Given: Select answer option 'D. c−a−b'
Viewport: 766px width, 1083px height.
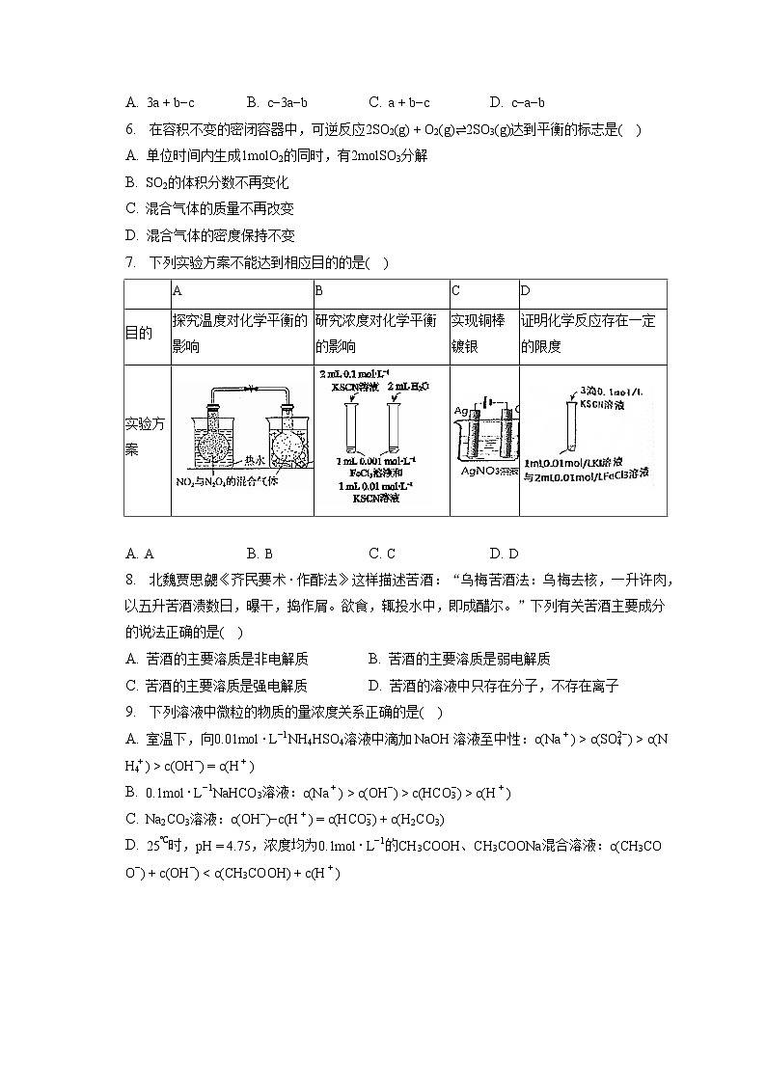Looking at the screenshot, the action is tap(517, 102).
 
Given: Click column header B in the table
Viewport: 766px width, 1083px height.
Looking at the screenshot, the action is tap(319, 291).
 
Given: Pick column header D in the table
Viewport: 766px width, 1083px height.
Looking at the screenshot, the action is tap(526, 291).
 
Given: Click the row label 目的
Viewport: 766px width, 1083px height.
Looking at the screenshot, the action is tap(139, 334).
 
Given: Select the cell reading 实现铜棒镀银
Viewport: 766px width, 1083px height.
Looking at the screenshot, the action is tap(479, 334).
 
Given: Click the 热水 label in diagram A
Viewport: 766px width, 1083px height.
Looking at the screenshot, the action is tap(255, 460).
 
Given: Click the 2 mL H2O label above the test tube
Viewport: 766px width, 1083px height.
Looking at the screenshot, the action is tap(407, 386).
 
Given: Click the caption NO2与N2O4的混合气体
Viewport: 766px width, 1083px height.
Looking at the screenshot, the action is tap(228, 480).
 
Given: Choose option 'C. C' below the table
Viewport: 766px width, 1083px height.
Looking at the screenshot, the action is tap(382, 554).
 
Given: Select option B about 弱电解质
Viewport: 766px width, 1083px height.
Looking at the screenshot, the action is tap(459, 660).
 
